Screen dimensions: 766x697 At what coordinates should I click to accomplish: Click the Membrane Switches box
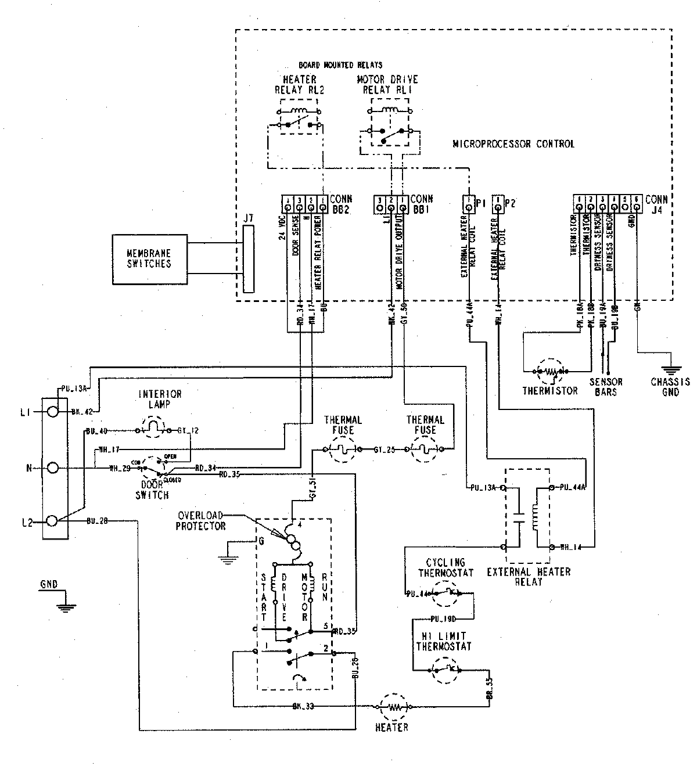pyautogui.click(x=150, y=258)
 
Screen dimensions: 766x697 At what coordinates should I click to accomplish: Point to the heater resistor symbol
pyautogui.click(x=395, y=707)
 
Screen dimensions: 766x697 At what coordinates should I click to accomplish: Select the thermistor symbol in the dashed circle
pyautogui.click(x=552, y=371)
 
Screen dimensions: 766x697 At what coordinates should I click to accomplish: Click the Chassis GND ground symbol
pyautogui.click(x=669, y=368)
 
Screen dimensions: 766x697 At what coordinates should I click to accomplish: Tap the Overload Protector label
pyautogui.click(x=201, y=520)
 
